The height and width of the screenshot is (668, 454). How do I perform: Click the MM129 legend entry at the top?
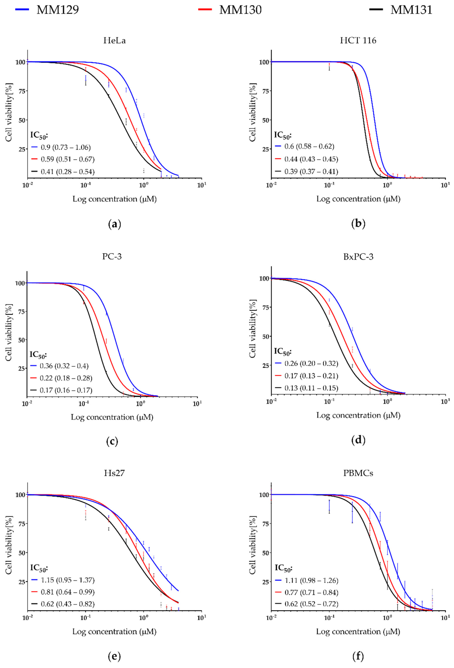tap(57, 10)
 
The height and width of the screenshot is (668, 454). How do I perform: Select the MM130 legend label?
tap(240, 10)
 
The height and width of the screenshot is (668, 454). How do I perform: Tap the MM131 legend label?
tap(411, 10)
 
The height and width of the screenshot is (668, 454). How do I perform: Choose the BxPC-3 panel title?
tap(358, 257)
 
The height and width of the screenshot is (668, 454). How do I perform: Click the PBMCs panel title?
tap(358, 473)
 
